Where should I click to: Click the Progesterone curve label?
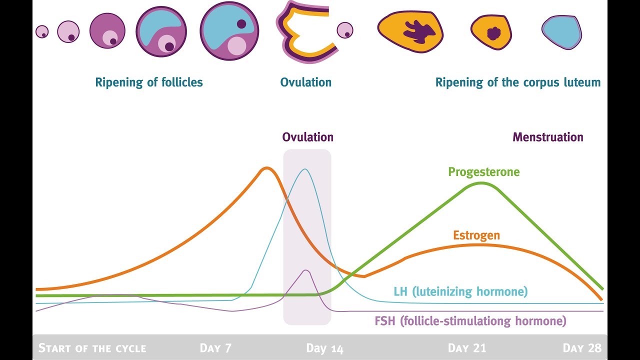[483, 172]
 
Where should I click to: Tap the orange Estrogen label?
[476, 235]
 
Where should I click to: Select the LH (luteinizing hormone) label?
[460, 291]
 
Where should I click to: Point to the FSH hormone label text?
[470, 321]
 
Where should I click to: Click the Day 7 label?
[215, 348]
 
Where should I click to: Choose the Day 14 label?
[324, 348]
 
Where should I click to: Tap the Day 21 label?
[466, 348]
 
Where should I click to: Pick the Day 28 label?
[581, 348]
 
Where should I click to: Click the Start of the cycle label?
[92, 348]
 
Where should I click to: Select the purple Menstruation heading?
[547, 137]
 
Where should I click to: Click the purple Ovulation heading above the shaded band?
[307, 137]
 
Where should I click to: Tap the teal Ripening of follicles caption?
[149, 82]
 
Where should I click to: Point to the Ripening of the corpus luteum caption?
[517, 82]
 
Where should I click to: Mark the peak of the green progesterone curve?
[481, 183]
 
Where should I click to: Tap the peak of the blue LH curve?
[304, 169]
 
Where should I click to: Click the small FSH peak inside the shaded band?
[306, 270]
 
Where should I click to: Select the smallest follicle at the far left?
[42, 32]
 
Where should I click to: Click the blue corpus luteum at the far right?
[562, 32]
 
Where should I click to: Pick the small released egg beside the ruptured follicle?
[344, 30]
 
